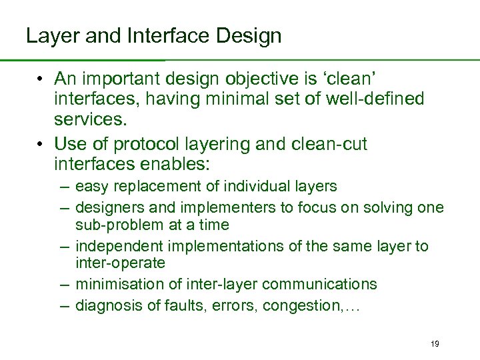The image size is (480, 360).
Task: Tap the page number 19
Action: click(435, 343)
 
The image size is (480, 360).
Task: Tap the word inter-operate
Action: click(120, 263)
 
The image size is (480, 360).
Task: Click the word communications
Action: click(319, 285)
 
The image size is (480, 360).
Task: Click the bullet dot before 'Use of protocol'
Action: click(41, 144)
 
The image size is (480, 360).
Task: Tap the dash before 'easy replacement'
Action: click(65, 187)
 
